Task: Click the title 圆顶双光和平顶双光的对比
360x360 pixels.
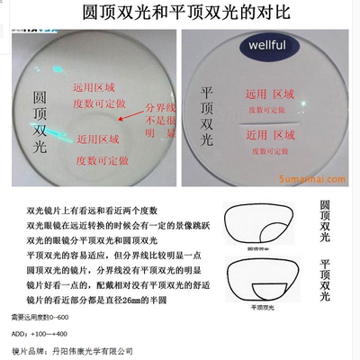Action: pyautogui.click(x=181, y=13)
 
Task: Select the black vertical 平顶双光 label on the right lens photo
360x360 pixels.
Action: pyautogui.click(x=210, y=117)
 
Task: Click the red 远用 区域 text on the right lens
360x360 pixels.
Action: pyautogui.click(x=274, y=94)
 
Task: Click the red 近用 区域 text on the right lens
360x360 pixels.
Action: pyautogui.click(x=274, y=135)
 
